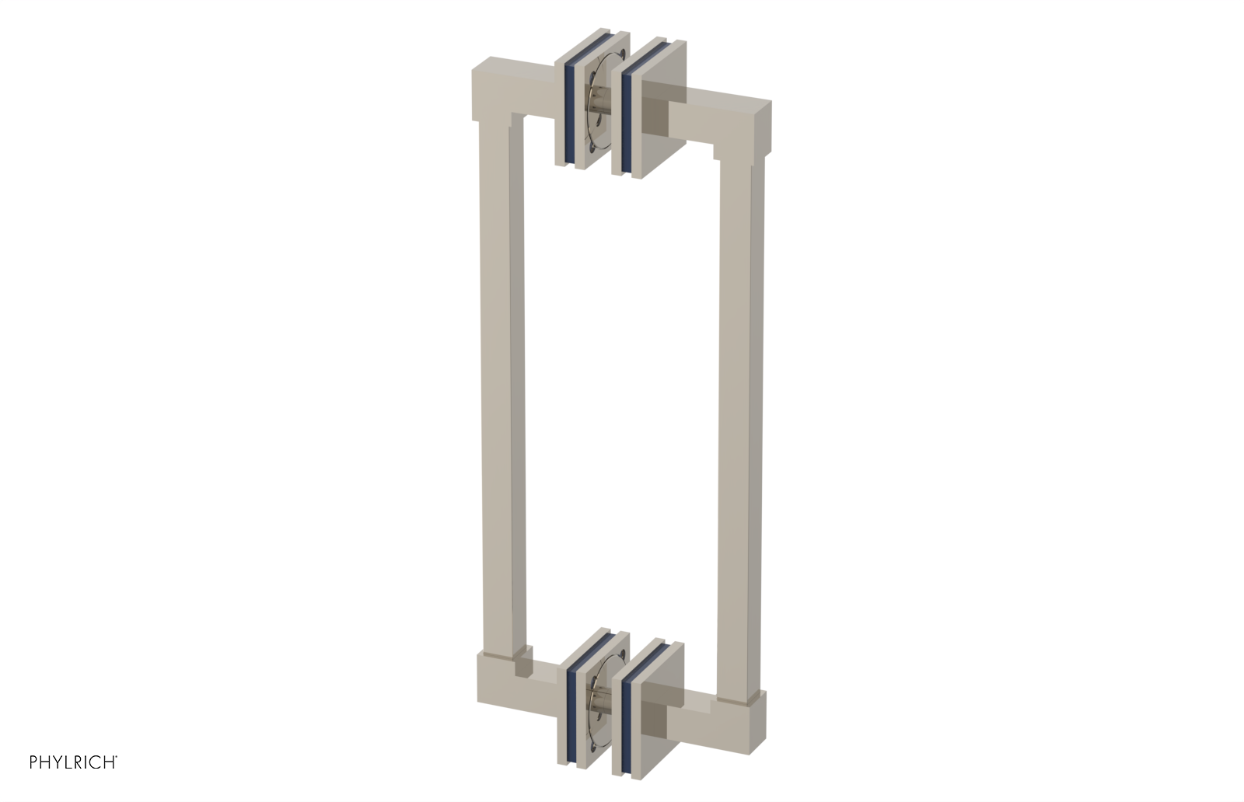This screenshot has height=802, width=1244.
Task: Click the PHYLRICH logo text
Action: (73, 762)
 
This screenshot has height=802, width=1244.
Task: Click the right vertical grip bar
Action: (742, 420)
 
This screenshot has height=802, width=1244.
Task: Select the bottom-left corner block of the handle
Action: (498, 684)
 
